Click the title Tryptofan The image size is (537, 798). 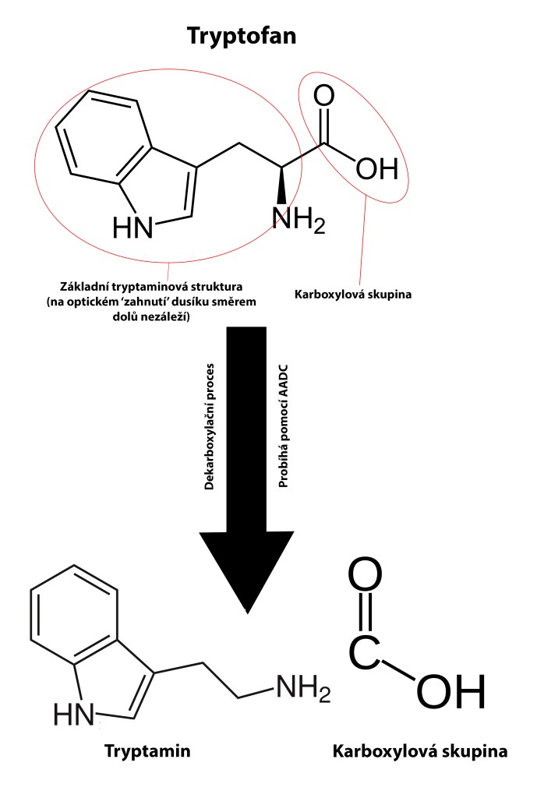coord(240,36)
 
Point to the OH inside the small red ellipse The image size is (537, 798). coord(376,168)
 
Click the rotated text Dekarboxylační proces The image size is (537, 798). coord(209,425)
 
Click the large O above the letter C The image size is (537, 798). coord(365,577)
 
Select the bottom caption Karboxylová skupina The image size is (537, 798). coord(419,752)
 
